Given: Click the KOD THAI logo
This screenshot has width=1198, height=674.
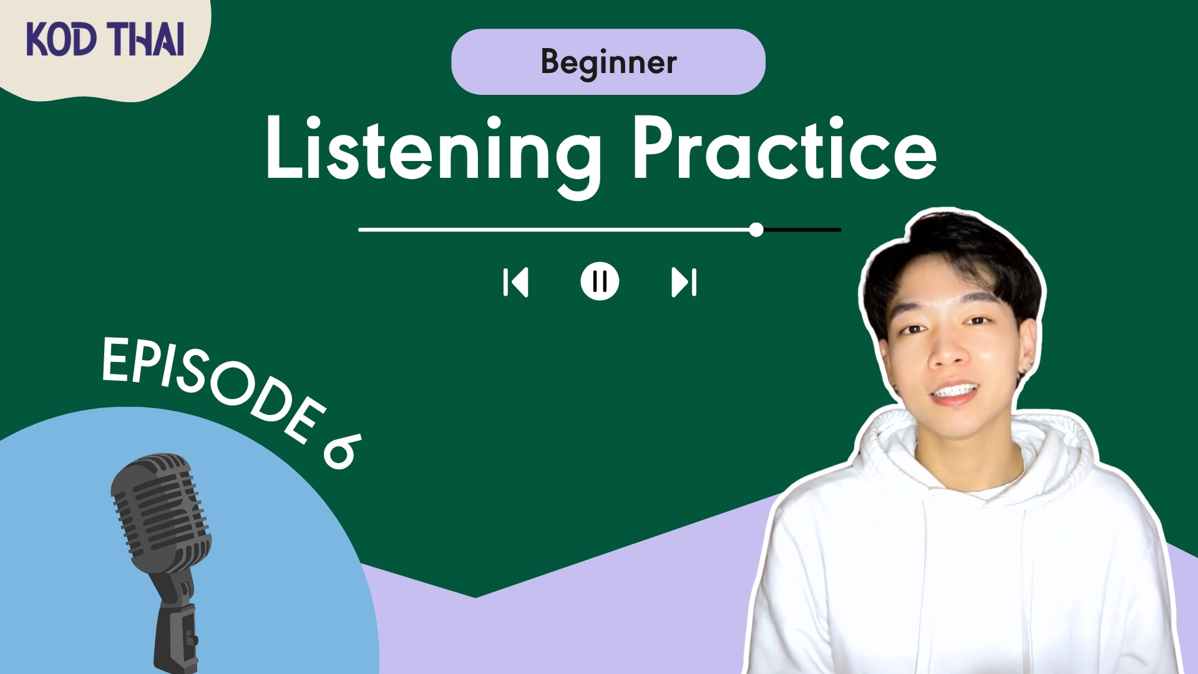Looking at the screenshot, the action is pos(105,39).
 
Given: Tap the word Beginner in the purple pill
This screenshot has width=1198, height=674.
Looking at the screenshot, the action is pos(608,62).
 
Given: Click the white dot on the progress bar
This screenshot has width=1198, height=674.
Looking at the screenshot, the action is pos(756,230).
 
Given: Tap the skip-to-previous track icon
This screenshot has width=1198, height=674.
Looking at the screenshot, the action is pos(515,282).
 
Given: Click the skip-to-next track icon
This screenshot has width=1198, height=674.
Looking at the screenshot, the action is pos(684,282).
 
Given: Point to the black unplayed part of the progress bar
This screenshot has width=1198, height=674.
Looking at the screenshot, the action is pos(802,230).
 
